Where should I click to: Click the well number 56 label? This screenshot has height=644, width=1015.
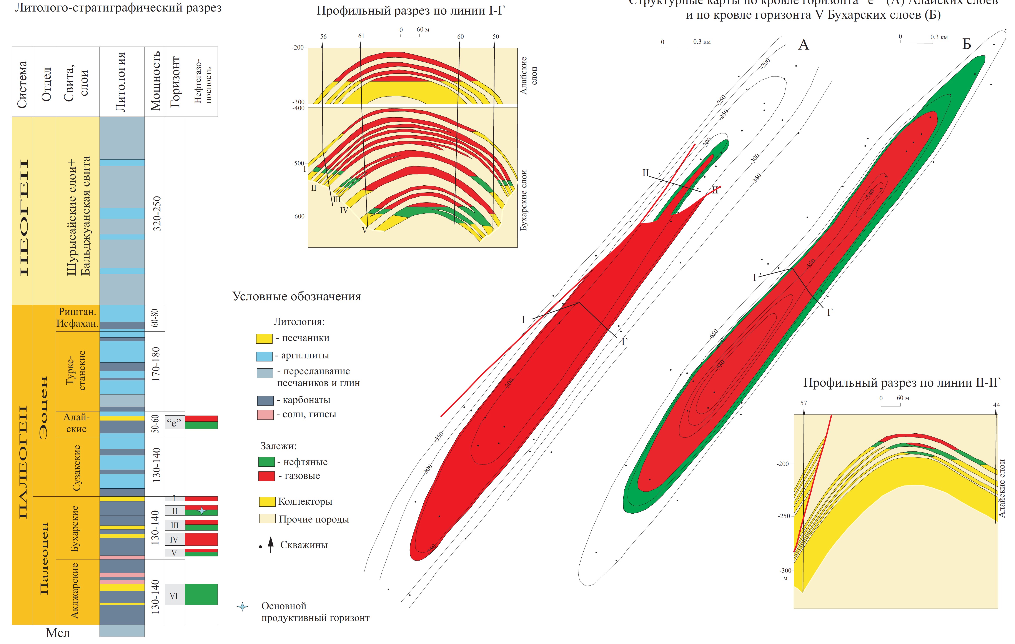tap(323, 37)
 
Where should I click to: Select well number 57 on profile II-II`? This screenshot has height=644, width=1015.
tap(803, 403)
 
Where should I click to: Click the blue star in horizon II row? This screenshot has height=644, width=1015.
tap(202, 511)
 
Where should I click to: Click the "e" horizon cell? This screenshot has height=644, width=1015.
tap(174, 423)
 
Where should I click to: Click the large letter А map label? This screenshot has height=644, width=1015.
tap(804, 45)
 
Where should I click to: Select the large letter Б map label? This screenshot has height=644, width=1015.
tap(967, 44)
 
